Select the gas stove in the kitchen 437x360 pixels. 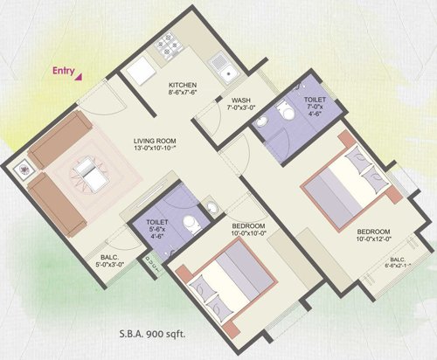[x=167, y=45]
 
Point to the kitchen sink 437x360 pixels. [x=219, y=63]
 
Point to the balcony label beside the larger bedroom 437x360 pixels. [x=397, y=264]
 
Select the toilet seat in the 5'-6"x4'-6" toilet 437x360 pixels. [x=211, y=209]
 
